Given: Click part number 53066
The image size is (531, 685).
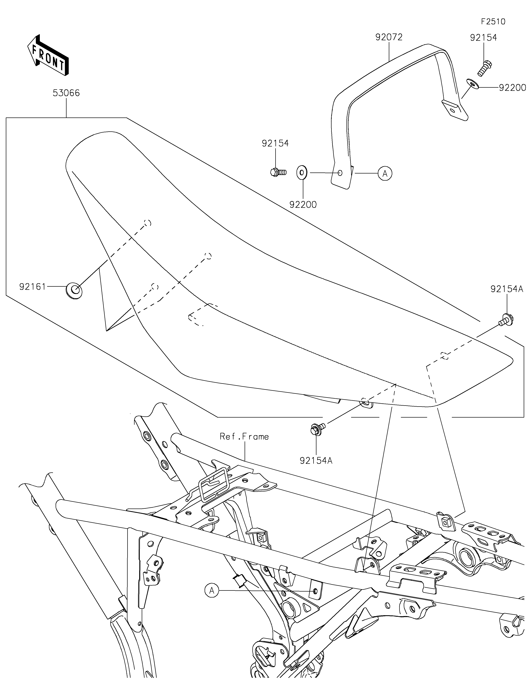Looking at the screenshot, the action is pos(66,93).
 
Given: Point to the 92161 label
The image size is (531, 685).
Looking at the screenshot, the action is pos(33,287).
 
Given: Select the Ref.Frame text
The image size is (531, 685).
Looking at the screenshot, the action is pos(244,437).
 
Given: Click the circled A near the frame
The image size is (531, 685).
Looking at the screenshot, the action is pos(212,591).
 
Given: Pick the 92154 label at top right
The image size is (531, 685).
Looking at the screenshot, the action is pos(484,38).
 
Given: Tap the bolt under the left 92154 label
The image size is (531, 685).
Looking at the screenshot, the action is pos(278,172).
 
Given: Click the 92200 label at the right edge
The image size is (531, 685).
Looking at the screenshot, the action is pos(512,88).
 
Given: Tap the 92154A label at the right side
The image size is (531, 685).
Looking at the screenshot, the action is pos(507,289).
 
